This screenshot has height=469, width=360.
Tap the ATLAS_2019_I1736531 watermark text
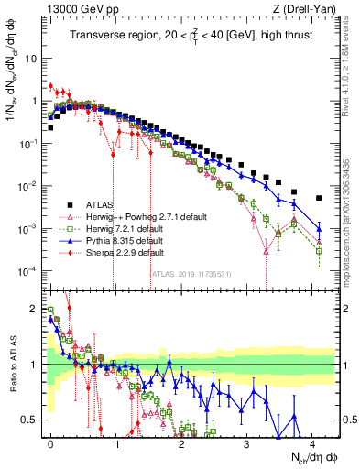pyautogui.click(x=190, y=275)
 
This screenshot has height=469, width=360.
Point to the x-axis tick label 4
pyautogui.click(x=312, y=442)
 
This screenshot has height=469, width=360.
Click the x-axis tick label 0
pyautogui.click(x=50, y=442)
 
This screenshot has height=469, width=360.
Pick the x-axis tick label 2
pyautogui.click(x=181, y=442)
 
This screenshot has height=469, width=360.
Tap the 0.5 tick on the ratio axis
pyautogui.click(x=30, y=420)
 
